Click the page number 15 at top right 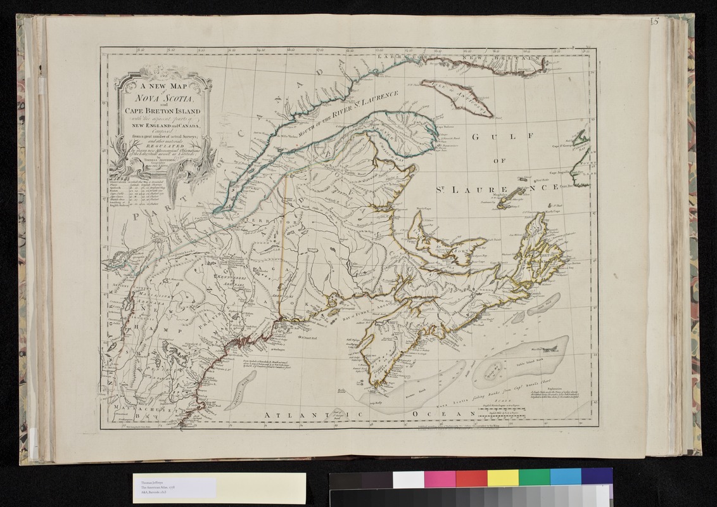click(654, 23)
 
